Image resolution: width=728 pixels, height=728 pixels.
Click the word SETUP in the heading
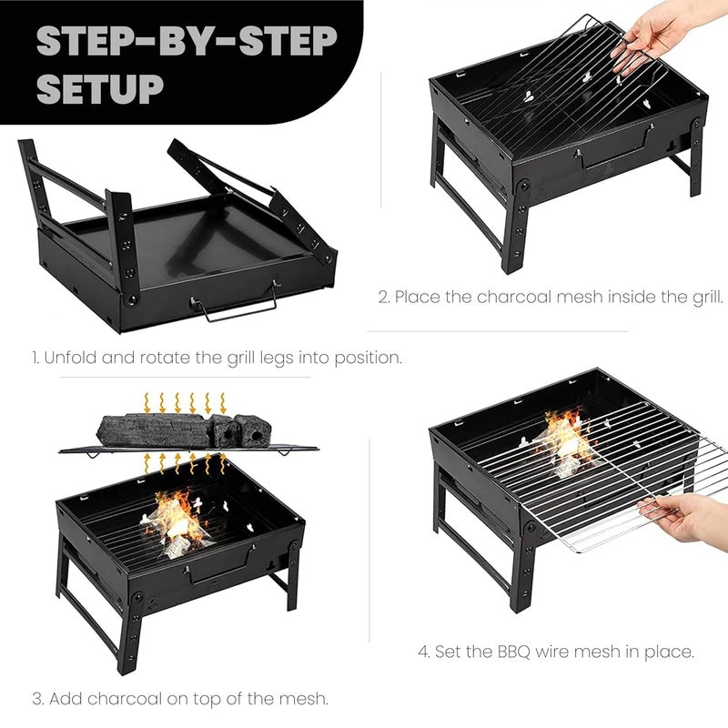click(100, 88)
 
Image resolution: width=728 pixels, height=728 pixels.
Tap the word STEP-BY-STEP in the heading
click(187, 41)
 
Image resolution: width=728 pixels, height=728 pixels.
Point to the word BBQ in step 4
click(514, 652)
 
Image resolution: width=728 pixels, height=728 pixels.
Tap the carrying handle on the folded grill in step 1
click(236, 303)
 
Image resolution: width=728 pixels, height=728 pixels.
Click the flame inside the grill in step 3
click(177, 520)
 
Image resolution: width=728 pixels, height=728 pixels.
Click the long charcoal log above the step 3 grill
click(153, 430)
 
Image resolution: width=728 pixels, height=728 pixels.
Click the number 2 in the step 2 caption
click(383, 298)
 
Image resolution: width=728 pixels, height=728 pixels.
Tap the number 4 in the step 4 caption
click(423, 652)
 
